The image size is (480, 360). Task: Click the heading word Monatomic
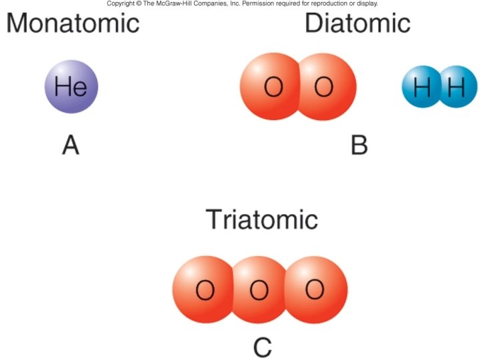(x=73, y=23)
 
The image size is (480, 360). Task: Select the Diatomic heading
(x=357, y=23)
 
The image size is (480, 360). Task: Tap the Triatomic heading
(x=261, y=219)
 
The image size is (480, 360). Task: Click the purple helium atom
(x=71, y=87)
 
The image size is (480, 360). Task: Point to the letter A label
(x=71, y=145)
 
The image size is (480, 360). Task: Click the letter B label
(x=359, y=145)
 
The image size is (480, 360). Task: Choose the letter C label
(x=263, y=347)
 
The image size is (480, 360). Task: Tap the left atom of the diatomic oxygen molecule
(x=270, y=87)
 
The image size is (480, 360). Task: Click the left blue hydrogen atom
(x=422, y=87)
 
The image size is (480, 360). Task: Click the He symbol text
(x=71, y=87)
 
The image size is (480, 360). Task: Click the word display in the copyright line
(x=367, y=4)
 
